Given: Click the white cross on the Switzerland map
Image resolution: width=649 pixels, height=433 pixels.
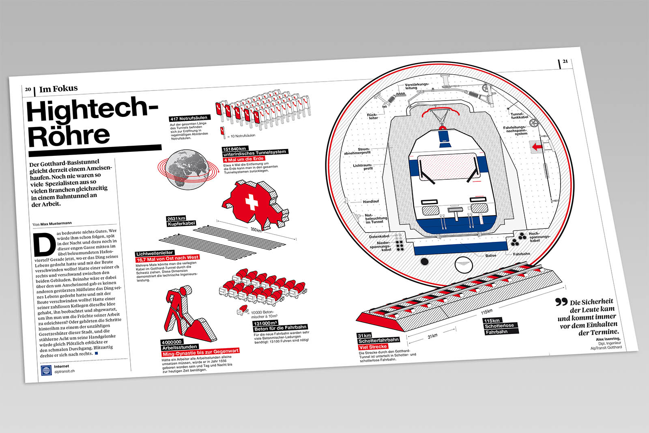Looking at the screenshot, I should (251, 201).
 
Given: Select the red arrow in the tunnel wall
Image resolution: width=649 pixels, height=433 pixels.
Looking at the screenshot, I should (537, 147).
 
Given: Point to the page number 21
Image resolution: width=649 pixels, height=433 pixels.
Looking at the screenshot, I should (565, 62).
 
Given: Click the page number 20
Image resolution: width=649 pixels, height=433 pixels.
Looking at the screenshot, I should (28, 89).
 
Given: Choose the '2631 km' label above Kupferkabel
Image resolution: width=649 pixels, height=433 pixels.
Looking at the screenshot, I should (176, 219).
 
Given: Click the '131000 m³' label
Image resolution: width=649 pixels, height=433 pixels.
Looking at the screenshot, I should (265, 323).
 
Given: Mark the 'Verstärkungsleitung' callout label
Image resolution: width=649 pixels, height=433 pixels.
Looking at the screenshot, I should (416, 86).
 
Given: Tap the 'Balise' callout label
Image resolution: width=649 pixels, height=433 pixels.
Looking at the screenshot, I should (491, 256).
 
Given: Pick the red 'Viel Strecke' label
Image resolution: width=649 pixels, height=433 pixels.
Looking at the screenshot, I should (373, 347).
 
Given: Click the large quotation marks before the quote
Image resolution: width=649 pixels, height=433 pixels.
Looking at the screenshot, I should (561, 302).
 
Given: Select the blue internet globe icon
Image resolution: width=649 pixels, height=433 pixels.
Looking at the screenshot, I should (46, 370).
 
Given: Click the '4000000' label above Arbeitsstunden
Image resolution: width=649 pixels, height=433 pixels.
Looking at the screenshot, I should (172, 342).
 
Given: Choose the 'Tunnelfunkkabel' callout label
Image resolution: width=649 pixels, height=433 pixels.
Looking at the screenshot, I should (519, 116).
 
